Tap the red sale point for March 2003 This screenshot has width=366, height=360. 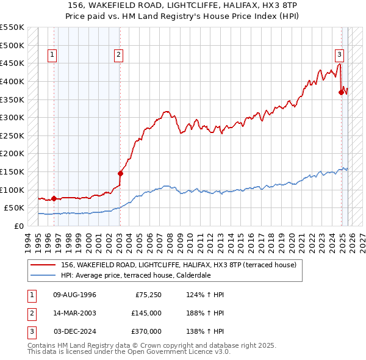pyautogui.click(x=120, y=173)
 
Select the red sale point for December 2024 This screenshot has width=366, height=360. pyautogui.click(x=341, y=92)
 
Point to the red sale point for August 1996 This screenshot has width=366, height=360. pyautogui.click(x=54, y=198)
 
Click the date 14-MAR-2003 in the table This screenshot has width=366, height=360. pyautogui.click(x=74, y=313)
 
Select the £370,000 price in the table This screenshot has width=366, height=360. pyautogui.click(x=146, y=331)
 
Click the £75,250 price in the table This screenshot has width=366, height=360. pyautogui.click(x=148, y=295)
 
